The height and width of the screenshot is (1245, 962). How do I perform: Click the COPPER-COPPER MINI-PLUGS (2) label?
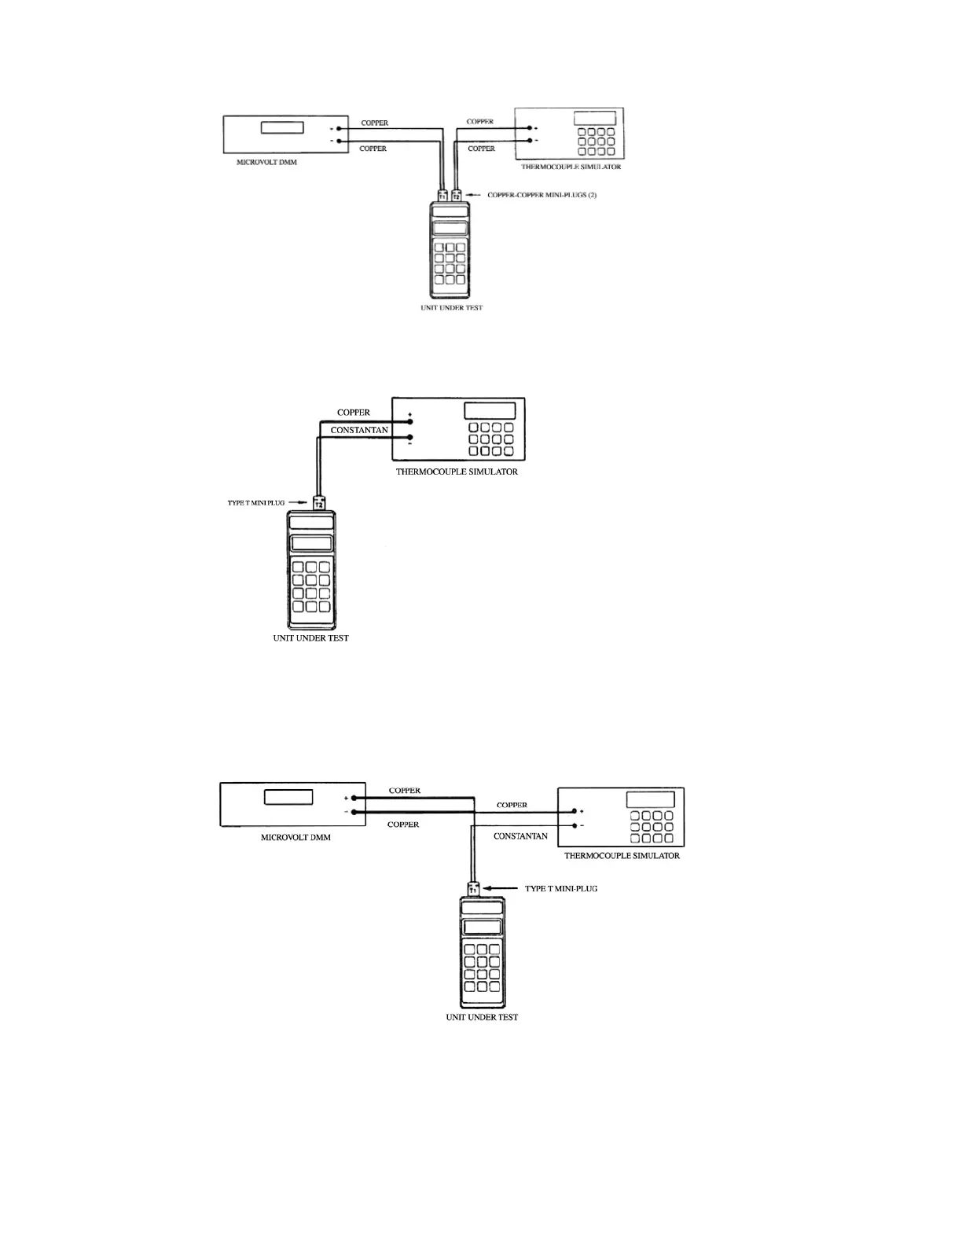[542, 195]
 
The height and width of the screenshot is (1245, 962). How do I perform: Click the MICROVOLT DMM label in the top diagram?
[267, 163]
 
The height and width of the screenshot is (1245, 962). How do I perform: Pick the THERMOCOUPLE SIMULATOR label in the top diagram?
[571, 167]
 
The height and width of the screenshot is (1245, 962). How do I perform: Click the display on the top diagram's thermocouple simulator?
[595, 118]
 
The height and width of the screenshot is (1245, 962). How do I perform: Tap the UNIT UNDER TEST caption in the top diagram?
[452, 307]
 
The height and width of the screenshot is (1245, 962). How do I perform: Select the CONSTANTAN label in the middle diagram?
[359, 430]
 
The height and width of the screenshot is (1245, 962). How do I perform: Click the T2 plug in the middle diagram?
[319, 502]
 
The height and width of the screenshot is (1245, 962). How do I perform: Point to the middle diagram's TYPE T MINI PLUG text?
[256, 503]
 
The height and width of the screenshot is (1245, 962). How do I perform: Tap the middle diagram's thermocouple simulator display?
[490, 411]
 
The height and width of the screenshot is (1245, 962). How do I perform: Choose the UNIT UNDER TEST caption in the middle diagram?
[311, 638]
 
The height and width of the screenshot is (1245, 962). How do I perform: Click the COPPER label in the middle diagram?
[354, 413]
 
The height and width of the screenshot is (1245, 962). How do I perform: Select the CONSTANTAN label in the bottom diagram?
[520, 836]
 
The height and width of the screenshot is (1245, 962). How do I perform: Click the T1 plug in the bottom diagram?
[474, 889]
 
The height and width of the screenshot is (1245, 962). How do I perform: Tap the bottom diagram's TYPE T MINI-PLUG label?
[561, 889]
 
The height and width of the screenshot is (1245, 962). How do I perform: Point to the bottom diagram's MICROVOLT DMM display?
[288, 797]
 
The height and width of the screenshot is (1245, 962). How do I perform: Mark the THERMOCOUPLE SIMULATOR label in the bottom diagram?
[622, 856]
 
